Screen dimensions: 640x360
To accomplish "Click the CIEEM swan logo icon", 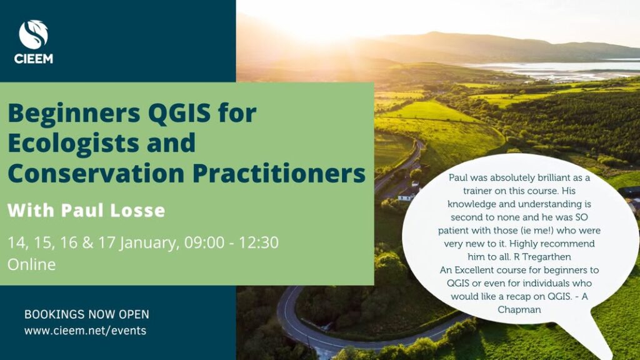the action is tap(34, 35).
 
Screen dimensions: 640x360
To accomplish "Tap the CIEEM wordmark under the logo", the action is tap(34, 59).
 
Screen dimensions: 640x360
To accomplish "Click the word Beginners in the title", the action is tap(74, 114).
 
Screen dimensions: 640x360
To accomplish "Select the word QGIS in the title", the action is tap(179, 114).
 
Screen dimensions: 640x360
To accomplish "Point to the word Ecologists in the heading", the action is tap(73, 144).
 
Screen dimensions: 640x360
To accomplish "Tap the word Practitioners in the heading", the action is tap(279, 174).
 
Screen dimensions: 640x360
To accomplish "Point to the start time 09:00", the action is tap(204, 242).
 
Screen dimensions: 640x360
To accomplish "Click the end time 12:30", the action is tap(258, 242).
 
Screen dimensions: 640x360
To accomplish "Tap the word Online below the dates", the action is tap(31, 264).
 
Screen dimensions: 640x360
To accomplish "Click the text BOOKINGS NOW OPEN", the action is tap(86, 314).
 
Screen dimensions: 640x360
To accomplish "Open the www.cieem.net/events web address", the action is tap(85, 330).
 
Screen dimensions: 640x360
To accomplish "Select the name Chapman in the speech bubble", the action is tap(519, 310).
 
